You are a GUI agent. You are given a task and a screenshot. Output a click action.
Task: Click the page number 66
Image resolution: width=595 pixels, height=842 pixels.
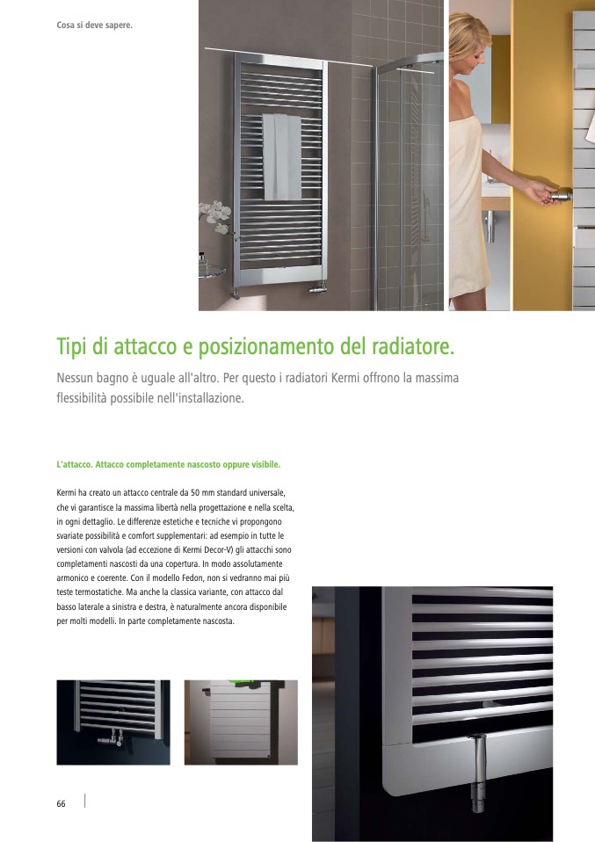[62, 803]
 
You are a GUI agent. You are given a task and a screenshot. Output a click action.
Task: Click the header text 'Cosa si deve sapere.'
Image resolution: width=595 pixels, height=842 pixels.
[95, 25]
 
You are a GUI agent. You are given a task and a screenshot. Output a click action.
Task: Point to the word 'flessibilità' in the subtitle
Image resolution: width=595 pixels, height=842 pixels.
[82, 398]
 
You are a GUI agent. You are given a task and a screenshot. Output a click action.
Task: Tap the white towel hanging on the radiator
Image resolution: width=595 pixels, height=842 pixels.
[282, 156]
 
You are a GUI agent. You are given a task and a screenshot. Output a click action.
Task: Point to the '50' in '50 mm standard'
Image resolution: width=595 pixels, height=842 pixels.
[195, 493]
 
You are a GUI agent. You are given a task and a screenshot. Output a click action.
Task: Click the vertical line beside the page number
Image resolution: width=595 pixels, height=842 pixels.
[85, 800]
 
